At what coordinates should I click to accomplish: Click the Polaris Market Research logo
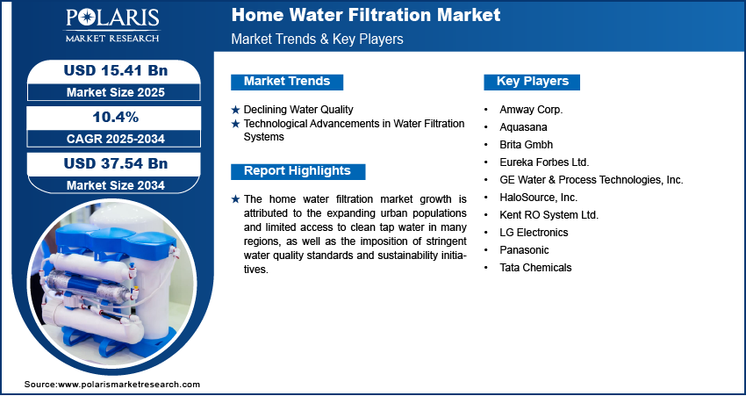[x=112, y=25]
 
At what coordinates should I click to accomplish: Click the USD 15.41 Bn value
[x=116, y=70]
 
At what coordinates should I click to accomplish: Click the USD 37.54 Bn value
[x=116, y=163]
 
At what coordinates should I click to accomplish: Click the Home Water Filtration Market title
[x=365, y=15]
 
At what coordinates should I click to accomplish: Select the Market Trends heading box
[x=287, y=82]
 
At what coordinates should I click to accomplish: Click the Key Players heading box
[x=532, y=82]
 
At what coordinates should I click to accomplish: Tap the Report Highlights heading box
[x=298, y=171]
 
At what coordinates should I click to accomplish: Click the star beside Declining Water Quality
[x=235, y=110]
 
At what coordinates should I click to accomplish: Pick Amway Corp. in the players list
[x=531, y=110]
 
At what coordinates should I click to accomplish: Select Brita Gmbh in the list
[x=527, y=144]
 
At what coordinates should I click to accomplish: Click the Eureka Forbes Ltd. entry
[x=544, y=162]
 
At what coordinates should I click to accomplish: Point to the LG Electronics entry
[x=534, y=233]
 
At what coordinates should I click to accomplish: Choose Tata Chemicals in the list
[x=535, y=268]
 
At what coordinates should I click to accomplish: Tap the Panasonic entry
[x=524, y=250]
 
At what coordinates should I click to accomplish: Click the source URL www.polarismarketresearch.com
[x=129, y=384]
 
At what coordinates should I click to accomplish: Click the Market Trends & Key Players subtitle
[x=317, y=39]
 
